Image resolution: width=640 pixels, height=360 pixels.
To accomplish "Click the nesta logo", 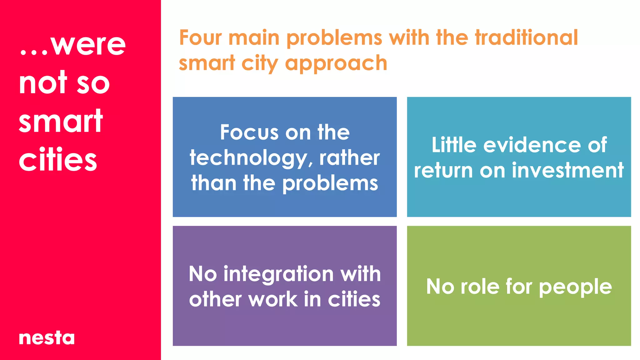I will tap(47, 338).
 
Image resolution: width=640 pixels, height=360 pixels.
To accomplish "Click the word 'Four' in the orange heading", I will tap(200, 38).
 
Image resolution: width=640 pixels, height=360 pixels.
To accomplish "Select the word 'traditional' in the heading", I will tap(527, 38).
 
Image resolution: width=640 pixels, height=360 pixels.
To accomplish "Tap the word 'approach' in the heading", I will tap(336, 64).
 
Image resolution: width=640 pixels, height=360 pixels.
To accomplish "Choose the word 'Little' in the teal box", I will tap(454, 145).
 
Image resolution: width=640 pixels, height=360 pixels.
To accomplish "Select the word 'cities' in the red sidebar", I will tap(58, 160).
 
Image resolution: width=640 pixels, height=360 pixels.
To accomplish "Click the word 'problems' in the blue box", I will tap(330, 184).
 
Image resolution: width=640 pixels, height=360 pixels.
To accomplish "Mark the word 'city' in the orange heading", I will tap(260, 64).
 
